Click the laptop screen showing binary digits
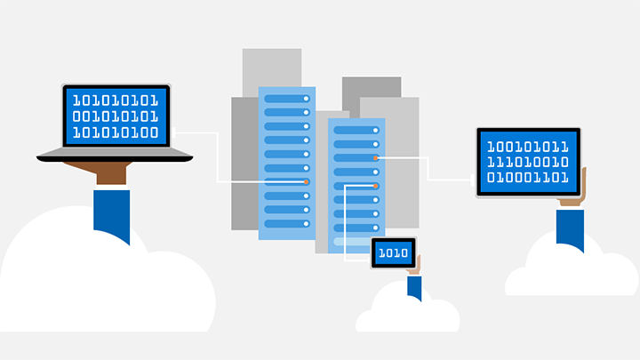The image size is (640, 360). click(116, 116)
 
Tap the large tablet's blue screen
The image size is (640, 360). click(528, 161)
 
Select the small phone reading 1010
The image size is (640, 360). click(393, 253)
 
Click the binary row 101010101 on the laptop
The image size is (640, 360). click(116, 100)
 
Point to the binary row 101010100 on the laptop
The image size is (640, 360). click(116, 133)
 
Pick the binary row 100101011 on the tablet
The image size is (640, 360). click(528, 144)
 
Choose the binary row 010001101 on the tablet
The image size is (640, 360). click(528, 178)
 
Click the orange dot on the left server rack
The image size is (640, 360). click(307, 181)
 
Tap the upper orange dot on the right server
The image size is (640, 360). click(376, 157)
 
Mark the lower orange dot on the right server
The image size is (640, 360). click(376, 186)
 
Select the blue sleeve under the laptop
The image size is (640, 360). click(112, 213)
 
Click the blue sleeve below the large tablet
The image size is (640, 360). click(570, 228)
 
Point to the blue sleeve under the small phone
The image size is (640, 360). click(414, 286)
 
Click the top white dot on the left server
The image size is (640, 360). click(306, 98)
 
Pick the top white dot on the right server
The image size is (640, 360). click(376, 129)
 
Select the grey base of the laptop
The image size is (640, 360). click(115, 156)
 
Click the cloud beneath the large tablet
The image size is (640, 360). click(569, 271)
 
